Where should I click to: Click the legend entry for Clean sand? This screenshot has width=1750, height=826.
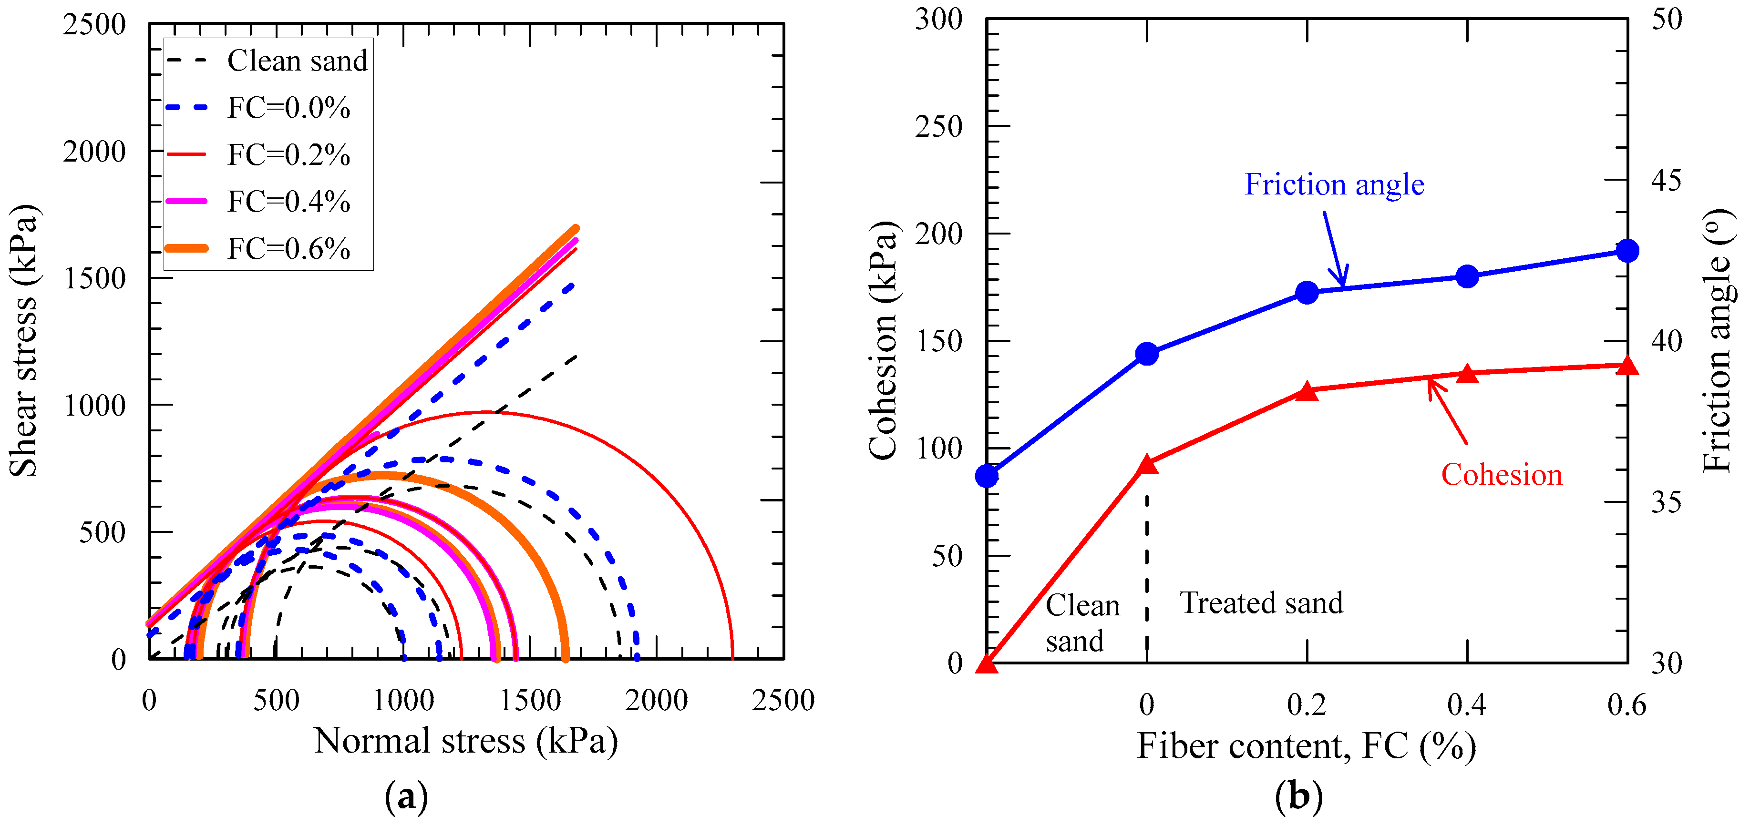pos(297,61)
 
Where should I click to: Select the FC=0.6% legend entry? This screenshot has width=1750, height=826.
pos(288,249)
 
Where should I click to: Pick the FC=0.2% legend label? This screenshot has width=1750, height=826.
pos(288,155)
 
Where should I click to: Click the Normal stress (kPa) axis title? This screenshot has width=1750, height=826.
pos(466,741)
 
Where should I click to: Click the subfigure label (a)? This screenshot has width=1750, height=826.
pos(406,796)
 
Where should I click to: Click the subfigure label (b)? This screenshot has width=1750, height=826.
pos(1299,796)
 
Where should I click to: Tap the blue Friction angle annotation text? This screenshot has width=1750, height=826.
pos(1334,185)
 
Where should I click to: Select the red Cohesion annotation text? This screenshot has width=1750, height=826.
pos(1502,475)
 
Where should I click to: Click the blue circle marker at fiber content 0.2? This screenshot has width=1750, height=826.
pos(1307,293)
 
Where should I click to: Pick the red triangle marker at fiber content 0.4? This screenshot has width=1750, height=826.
pos(1467,374)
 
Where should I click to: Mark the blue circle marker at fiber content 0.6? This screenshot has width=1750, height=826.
pos(1627,251)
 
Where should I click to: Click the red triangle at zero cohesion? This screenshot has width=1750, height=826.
pos(987,664)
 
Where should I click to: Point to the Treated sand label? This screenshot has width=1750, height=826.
pos(1262,603)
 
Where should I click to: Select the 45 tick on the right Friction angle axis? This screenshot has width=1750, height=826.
pos(1666,181)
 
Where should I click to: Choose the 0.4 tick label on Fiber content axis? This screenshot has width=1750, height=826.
pos(1467,705)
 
